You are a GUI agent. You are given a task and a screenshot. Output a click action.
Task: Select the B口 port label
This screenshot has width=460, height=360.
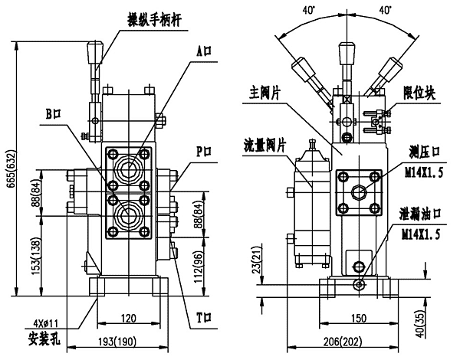(x=53, y=114)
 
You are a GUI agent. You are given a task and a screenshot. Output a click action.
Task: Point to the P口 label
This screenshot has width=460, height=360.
(x=202, y=150)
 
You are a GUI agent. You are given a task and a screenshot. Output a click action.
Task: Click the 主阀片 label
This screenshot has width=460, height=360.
(x=265, y=89)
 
